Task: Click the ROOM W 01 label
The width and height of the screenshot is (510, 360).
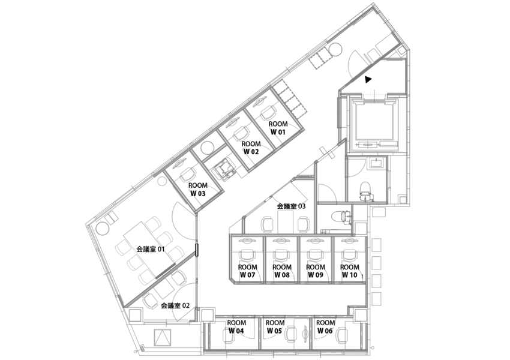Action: point(278,127)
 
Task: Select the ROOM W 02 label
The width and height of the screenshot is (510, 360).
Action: point(251,148)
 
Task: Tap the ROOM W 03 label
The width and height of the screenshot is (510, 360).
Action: point(198,190)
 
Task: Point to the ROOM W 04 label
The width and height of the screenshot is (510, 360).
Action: point(236,326)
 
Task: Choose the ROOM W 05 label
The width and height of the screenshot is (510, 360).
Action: point(275,326)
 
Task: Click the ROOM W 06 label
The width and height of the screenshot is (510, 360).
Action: point(325,326)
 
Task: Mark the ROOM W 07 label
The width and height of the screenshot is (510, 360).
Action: point(247,271)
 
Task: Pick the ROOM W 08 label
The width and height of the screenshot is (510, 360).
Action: point(282,271)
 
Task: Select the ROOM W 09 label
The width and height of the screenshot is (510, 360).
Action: point(316,271)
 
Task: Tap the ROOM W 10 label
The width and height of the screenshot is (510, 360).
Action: point(350,271)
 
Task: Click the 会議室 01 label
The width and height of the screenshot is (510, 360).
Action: point(151,248)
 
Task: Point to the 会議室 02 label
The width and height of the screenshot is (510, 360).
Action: point(175,305)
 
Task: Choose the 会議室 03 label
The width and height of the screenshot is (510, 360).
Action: point(291,206)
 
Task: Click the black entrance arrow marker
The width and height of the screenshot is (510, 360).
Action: point(368,78)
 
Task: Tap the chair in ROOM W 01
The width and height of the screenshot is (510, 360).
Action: point(268,111)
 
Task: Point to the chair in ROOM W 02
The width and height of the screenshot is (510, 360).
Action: point(242,132)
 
